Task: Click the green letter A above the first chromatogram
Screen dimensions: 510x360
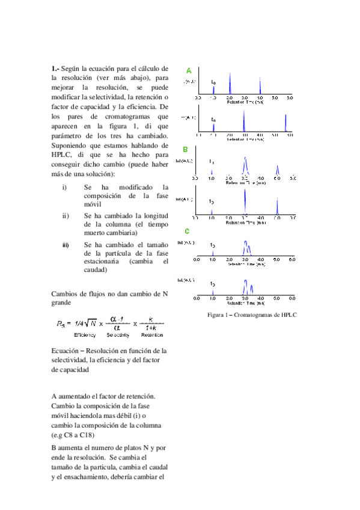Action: (189, 70)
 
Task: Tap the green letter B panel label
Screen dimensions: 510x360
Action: (186, 149)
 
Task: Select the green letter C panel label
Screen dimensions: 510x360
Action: (187, 232)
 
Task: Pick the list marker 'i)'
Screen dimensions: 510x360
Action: (64, 188)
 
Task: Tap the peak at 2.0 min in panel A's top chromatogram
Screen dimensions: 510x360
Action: (228, 85)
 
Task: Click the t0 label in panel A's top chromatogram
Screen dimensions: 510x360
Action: (213, 81)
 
